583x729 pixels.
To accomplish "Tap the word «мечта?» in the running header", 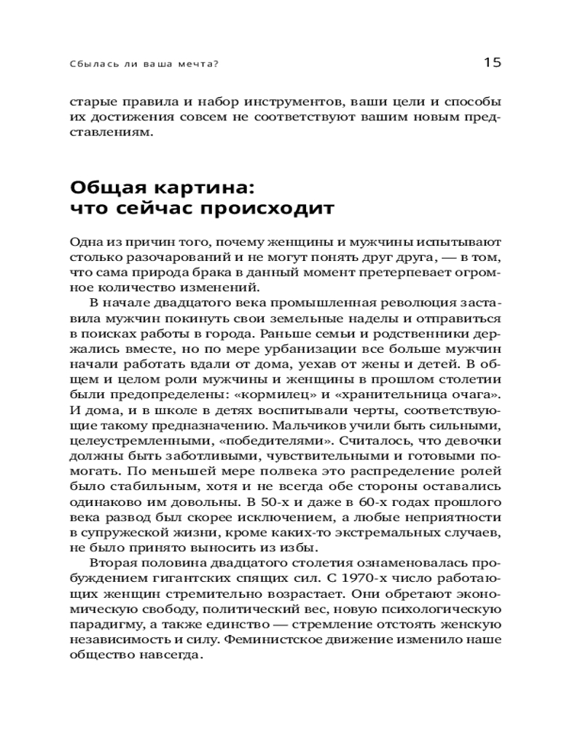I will [200, 63].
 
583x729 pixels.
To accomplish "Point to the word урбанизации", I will [257, 348].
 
